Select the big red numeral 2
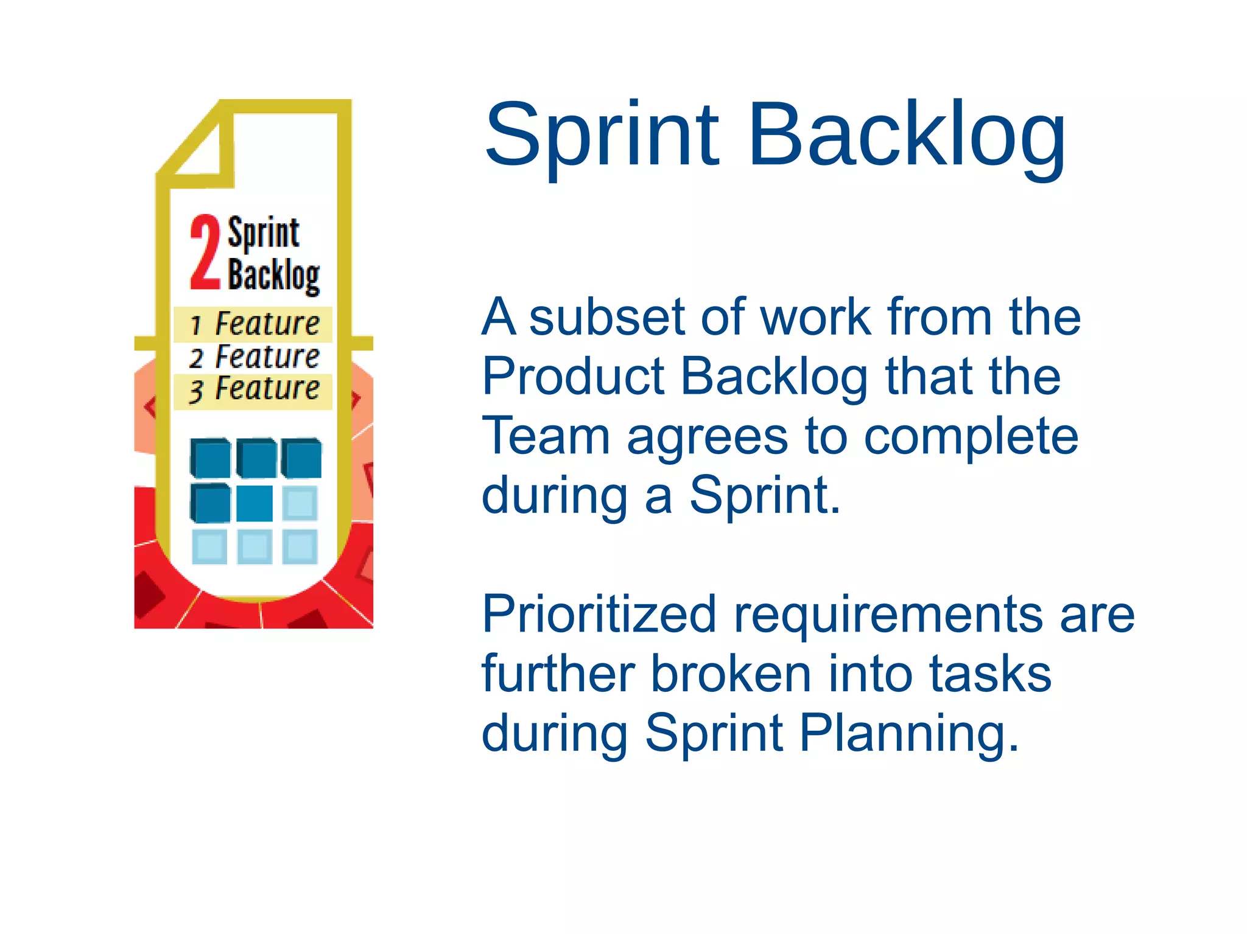[x=205, y=252]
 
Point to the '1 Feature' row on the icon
[x=253, y=324]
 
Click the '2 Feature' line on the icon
[x=253, y=357]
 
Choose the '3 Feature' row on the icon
[x=253, y=390]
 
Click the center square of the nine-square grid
[x=255, y=503]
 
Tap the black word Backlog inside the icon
[x=273, y=276]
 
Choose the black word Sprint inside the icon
[x=263, y=234]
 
